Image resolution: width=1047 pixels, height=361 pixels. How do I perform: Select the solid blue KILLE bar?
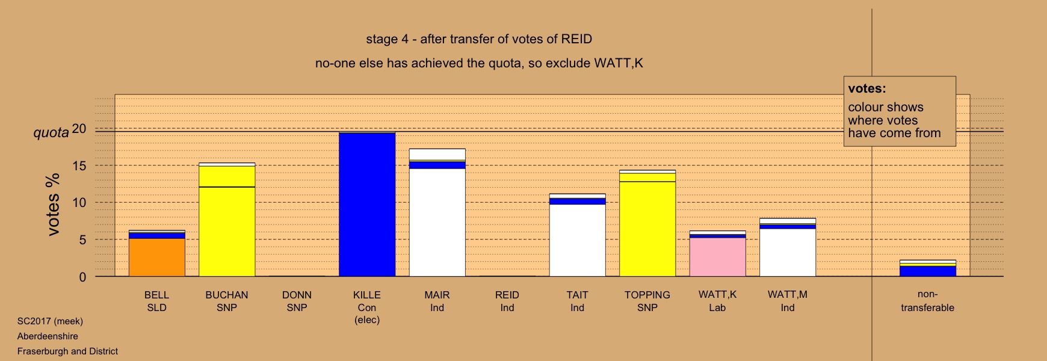(x=367, y=205)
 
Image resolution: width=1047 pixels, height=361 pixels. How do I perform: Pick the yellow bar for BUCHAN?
(x=227, y=220)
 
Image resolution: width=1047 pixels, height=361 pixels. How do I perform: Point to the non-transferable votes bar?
(x=928, y=268)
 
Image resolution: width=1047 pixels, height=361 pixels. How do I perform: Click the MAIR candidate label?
(x=437, y=301)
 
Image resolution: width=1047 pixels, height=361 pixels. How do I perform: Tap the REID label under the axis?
(x=507, y=301)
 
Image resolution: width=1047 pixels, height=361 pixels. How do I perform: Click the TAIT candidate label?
(x=577, y=301)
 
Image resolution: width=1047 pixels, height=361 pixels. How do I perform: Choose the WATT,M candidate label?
(x=788, y=301)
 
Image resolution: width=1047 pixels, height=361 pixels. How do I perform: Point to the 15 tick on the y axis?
(x=79, y=165)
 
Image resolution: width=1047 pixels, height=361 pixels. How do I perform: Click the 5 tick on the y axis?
(x=83, y=240)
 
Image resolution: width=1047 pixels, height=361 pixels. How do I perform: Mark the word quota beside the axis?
(x=51, y=132)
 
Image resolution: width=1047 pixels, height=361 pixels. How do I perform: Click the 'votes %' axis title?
(x=53, y=205)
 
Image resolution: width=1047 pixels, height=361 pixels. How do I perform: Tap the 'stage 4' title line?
(x=479, y=39)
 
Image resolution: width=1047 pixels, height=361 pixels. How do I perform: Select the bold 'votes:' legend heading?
(x=867, y=88)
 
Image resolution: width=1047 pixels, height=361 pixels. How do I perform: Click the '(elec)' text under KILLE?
(x=367, y=320)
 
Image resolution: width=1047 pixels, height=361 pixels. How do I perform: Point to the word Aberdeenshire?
(x=48, y=336)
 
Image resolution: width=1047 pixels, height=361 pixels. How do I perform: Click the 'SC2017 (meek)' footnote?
(x=50, y=321)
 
